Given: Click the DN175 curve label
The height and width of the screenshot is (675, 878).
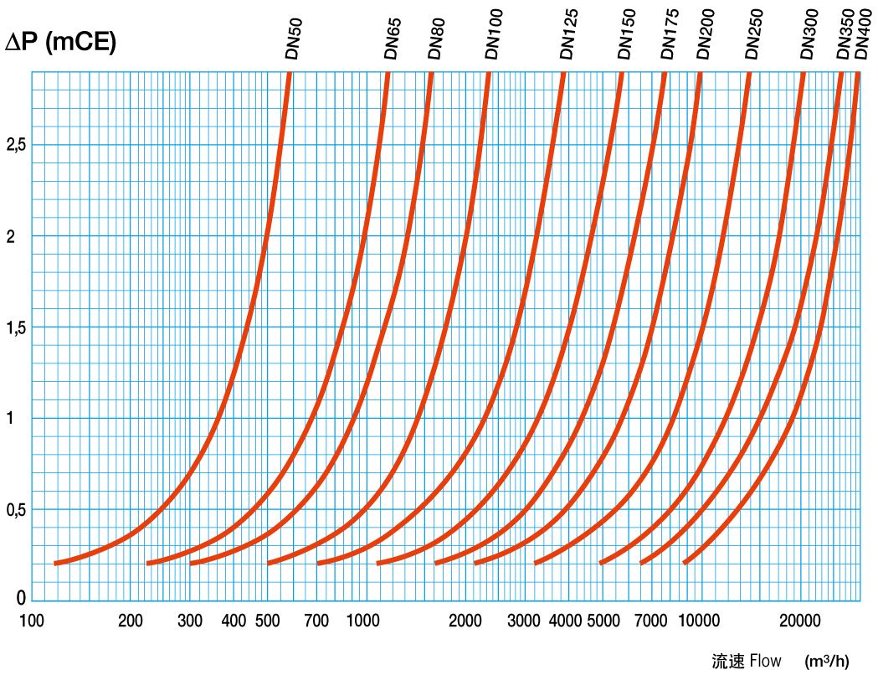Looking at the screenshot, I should tap(670, 34).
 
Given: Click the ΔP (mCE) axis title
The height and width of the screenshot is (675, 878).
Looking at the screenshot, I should tap(60, 43).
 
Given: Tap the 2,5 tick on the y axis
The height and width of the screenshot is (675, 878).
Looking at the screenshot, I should tap(16, 145).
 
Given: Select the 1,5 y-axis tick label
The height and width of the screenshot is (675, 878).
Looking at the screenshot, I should tap(16, 327).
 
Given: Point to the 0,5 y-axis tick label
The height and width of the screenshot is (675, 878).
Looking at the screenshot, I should tap(16, 510).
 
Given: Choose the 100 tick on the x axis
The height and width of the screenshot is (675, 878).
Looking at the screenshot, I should tap(32, 621).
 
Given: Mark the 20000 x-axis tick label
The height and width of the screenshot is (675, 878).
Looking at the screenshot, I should tap(799, 621).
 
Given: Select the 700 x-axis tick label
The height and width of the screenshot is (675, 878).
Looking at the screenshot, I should tap(316, 621).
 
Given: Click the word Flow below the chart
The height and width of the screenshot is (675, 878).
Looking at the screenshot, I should tap(765, 661).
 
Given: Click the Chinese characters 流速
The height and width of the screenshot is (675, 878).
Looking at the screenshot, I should tap(727, 661).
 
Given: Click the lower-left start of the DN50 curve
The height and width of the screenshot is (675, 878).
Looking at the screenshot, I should tap(56, 563).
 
